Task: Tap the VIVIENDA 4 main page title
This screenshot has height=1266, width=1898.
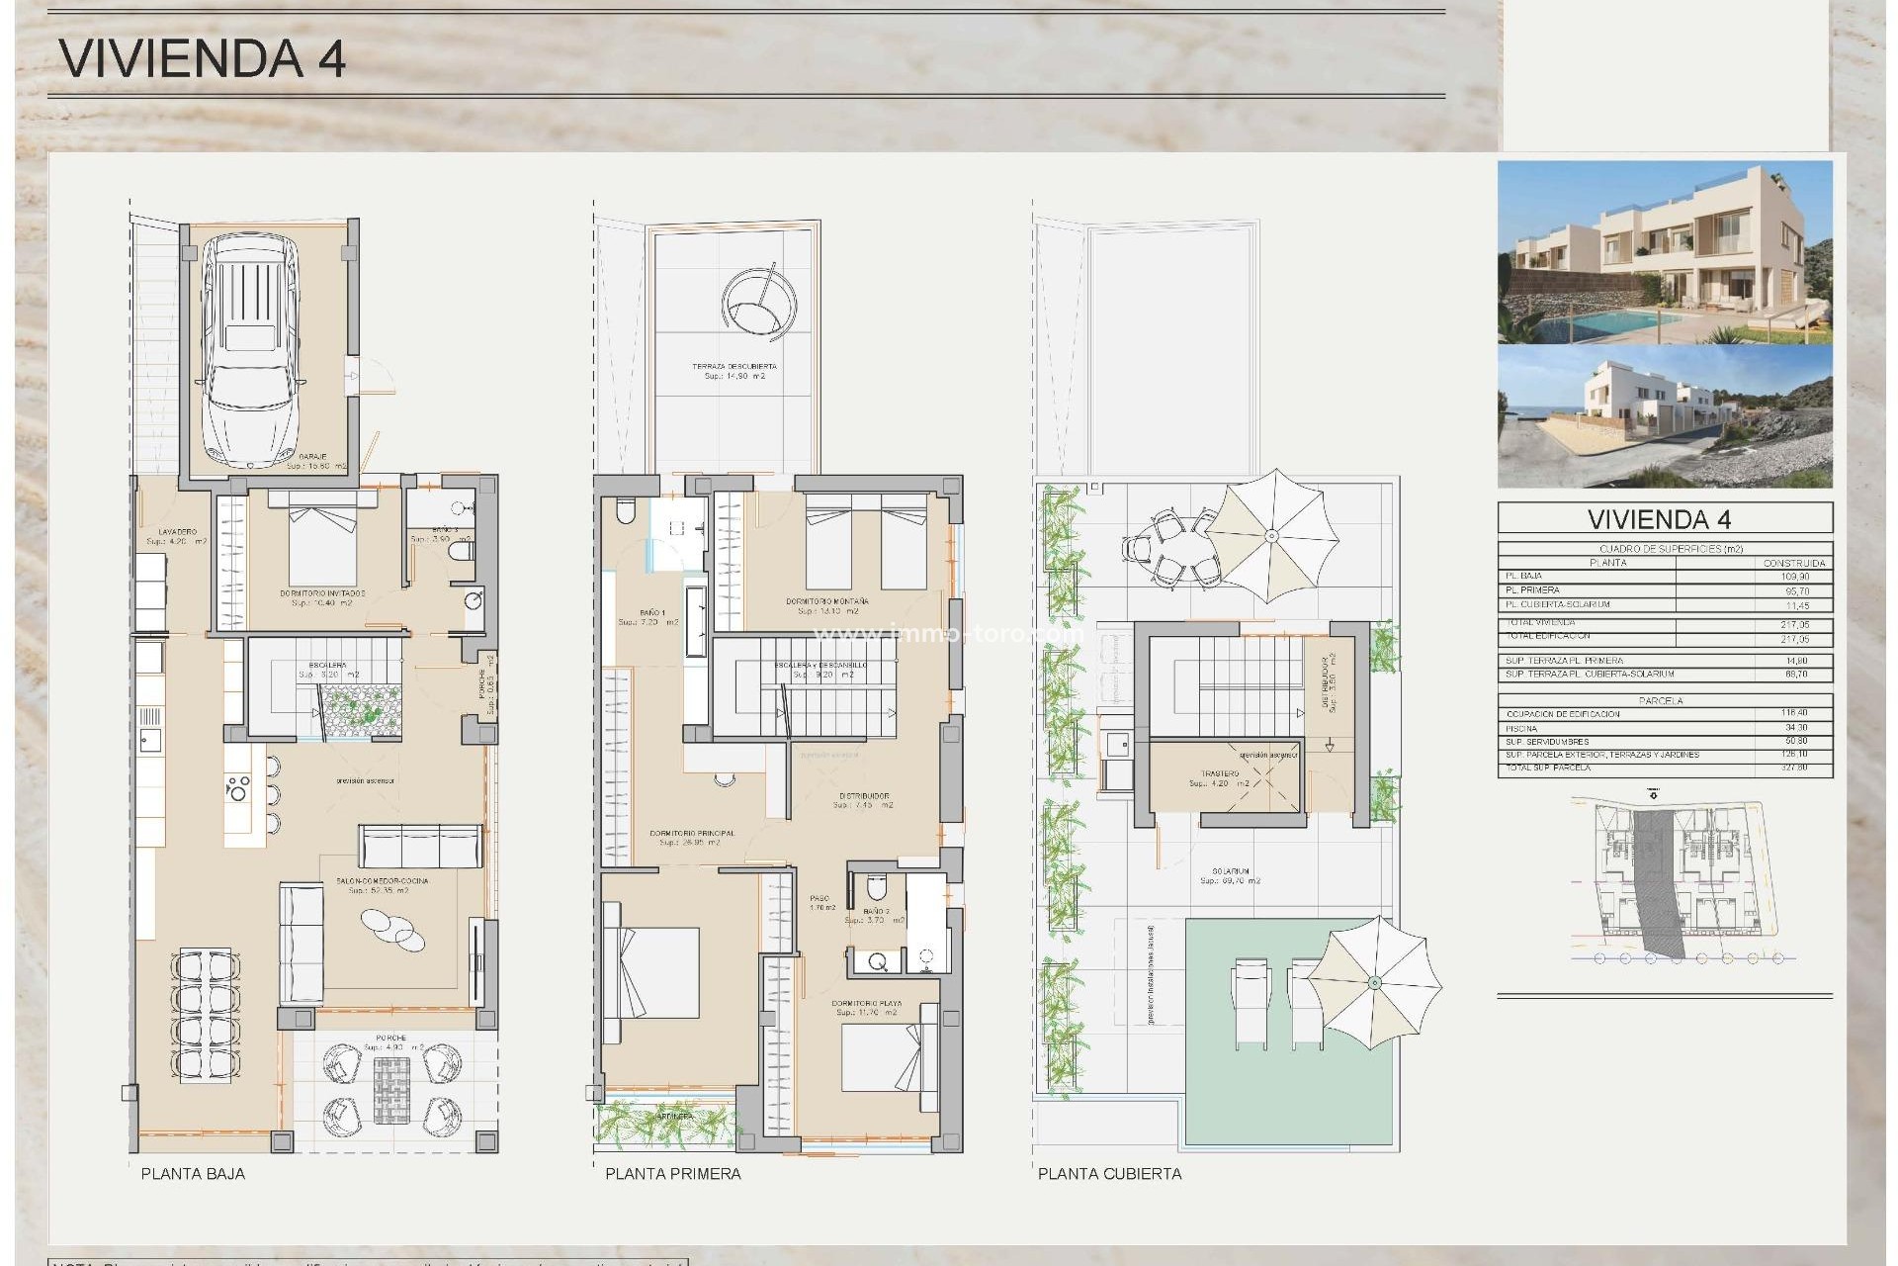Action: pos(203,58)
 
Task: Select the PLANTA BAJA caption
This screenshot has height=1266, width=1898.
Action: pos(193,1173)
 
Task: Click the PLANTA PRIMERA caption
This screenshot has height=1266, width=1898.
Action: pos(672,1173)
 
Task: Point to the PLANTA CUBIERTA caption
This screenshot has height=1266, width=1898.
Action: pos(1109,1173)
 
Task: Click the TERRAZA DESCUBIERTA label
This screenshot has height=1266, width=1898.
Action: pos(734,366)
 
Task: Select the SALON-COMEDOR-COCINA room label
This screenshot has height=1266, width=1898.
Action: pos(382,880)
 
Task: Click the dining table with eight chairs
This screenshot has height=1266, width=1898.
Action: pos(206,1014)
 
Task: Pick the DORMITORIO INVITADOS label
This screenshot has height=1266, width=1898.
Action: pos(322,593)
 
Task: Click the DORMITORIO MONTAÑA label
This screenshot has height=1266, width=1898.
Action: pos(827,601)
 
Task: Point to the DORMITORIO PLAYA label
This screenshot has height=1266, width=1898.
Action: pos(866,1003)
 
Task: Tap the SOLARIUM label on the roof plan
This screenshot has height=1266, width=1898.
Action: pos(1230,871)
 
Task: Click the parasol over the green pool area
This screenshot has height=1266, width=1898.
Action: pos(1374,982)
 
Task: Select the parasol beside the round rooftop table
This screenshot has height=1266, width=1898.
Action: pos(1272,536)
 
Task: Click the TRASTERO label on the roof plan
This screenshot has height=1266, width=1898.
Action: pos(1220,773)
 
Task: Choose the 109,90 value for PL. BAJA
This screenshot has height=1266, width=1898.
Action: pos(1796,577)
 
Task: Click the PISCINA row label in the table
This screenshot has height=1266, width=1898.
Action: pos(1521,728)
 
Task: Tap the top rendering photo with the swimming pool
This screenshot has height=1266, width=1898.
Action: pos(1665,252)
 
